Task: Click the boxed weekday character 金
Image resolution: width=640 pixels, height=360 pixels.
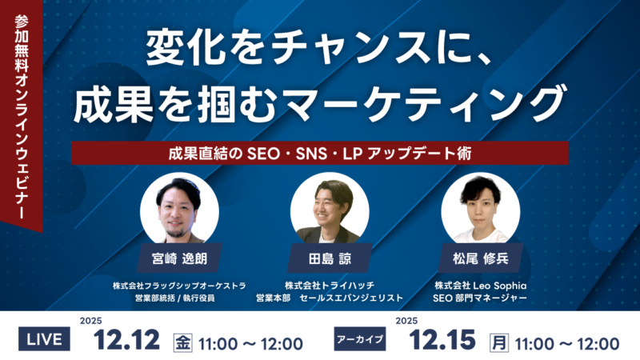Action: (x=182, y=343)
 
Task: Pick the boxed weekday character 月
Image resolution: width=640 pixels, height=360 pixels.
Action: (x=498, y=343)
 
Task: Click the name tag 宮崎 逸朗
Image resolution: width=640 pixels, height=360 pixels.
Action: (x=179, y=258)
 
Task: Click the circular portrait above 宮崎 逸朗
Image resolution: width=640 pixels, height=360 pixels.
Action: (x=179, y=210)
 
